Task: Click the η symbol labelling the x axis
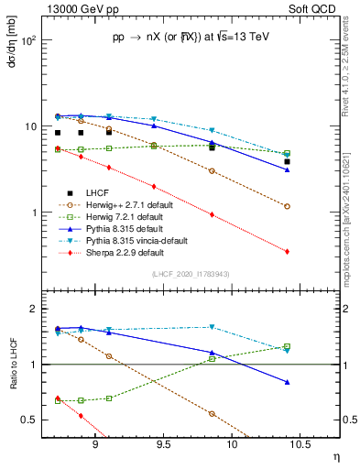tap(335, 457)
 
